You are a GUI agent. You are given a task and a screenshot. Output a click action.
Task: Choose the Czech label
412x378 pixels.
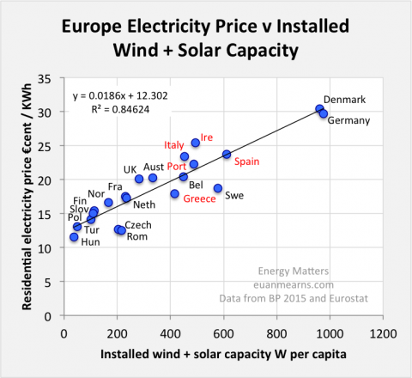[x=138, y=224]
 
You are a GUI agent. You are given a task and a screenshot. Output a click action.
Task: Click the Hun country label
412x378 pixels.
[x=66, y=243]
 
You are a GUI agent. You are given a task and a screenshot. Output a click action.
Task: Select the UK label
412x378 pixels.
[x=130, y=169]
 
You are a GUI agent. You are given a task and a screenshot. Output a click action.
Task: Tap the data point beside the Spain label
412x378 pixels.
[x=227, y=155]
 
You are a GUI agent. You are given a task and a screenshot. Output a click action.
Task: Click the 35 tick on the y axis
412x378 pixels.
[x=51, y=79]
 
